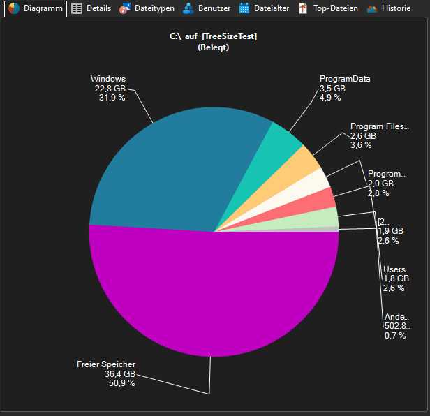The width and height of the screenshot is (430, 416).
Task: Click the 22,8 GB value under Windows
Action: [110, 89]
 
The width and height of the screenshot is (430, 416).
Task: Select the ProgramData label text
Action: [344, 79]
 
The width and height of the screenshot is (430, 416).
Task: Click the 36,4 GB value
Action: [119, 373]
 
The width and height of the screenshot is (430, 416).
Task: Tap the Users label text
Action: [394, 269]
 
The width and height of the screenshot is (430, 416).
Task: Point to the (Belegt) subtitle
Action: [214, 47]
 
